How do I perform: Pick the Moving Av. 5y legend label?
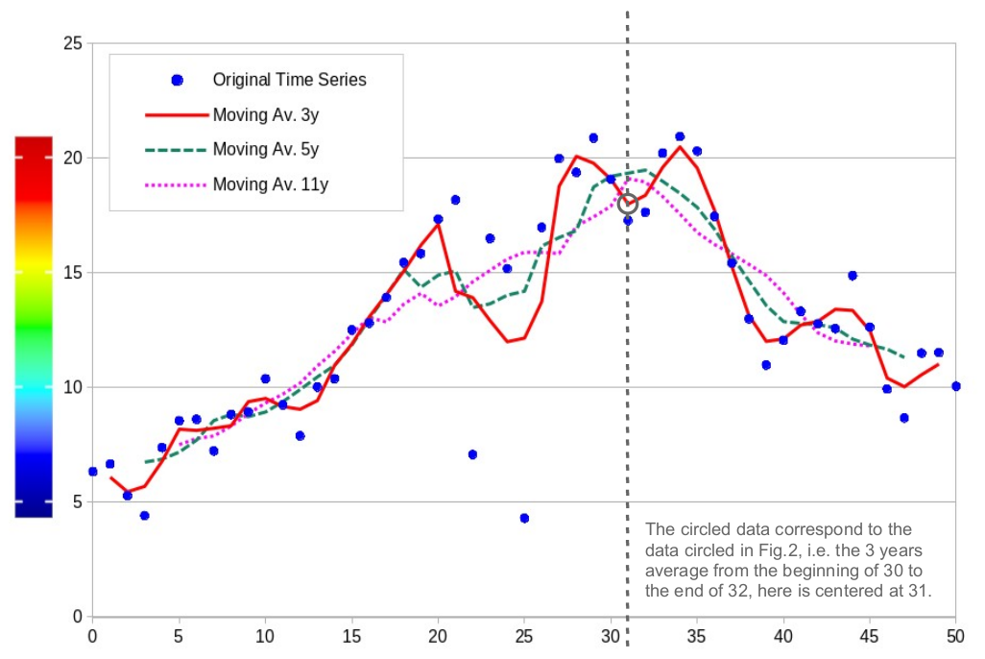[266, 149]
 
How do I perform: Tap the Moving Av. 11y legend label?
[270, 183]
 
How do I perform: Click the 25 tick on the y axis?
[71, 43]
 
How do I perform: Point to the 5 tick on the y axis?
[76, 502]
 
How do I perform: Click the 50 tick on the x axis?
[955, 637]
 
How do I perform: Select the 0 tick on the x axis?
[92, 637]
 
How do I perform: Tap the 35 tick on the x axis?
[696, 637]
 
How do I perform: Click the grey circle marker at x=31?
[628, 204]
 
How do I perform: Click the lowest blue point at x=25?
[524, 518]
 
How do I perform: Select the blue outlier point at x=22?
[472, 454]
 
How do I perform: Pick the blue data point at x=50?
[955, 386]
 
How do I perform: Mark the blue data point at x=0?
[92, 472]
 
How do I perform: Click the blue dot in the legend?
[177, 80]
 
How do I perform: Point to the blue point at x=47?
[903, 418]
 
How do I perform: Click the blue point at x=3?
[144, 516]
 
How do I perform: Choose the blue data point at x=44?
[852, 276]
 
